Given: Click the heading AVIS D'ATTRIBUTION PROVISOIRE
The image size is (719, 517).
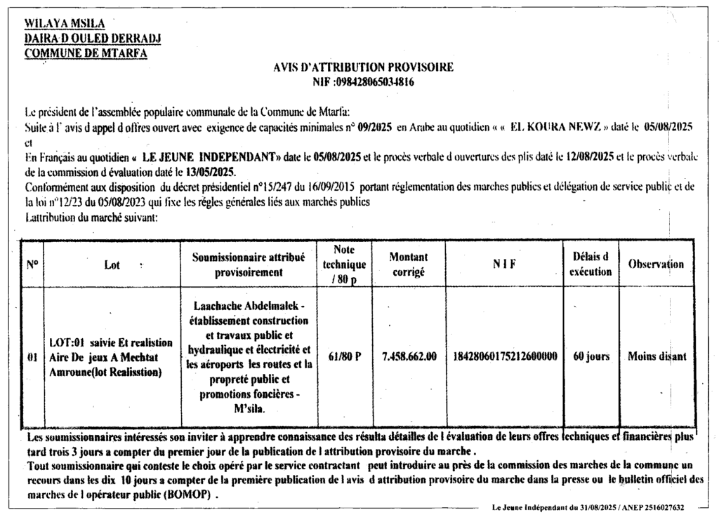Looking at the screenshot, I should (363, 67).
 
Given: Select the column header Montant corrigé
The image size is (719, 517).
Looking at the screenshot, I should (408, 265).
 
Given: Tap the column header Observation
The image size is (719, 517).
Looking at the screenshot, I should (656, 264).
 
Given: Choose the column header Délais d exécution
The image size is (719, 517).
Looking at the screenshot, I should (591, 264).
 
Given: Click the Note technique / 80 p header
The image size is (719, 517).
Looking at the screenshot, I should (344, 264).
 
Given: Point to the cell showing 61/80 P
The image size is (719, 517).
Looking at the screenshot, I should (344, 356).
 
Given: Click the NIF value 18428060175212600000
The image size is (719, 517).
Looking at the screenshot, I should (506, 356).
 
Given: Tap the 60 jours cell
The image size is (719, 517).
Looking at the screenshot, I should (591, 356).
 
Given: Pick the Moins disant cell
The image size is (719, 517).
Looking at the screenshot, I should (657, 356).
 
